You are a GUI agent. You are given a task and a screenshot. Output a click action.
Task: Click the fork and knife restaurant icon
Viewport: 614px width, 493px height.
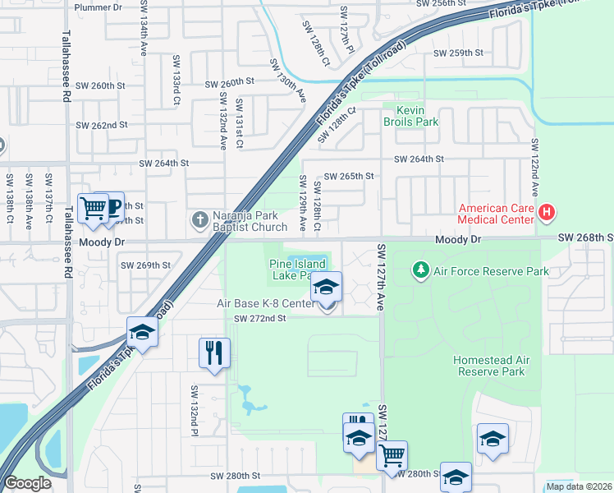(x=213, y=353)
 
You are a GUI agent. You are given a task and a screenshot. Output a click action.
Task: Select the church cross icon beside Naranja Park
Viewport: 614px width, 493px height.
(x=199, y=220)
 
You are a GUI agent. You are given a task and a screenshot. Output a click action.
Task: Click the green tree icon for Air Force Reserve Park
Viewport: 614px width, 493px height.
(x=420, y=270)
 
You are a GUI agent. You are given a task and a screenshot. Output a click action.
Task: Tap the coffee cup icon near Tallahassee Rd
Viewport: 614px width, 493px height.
(x=111, y=206)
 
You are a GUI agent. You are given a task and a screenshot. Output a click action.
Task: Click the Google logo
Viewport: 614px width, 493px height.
(x=27, y=483)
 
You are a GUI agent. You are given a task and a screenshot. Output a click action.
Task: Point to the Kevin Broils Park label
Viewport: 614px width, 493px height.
(x=410, y=116)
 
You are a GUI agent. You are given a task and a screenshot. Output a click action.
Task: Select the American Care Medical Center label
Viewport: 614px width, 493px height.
(x=496, y=214)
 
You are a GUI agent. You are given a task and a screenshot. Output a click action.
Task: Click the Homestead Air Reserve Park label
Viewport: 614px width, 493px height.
(x=489, y=366)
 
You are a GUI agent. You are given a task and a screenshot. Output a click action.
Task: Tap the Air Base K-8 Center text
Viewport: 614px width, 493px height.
(x=265, y=304)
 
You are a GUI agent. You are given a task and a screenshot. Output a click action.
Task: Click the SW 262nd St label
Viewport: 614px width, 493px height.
(x=102, y=126)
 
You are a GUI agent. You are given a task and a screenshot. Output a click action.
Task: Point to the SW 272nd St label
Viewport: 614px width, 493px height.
(x=259, y=318)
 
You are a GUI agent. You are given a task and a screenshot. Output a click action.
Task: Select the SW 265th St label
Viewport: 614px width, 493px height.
(x=349, y=176)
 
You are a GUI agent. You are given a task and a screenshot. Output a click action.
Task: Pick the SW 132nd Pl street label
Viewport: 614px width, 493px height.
(x=194, y=411)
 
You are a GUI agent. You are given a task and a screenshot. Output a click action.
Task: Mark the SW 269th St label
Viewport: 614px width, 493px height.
(x=145, y=265)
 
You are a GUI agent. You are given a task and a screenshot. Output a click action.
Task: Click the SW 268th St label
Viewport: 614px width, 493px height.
(x=584, y=237)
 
